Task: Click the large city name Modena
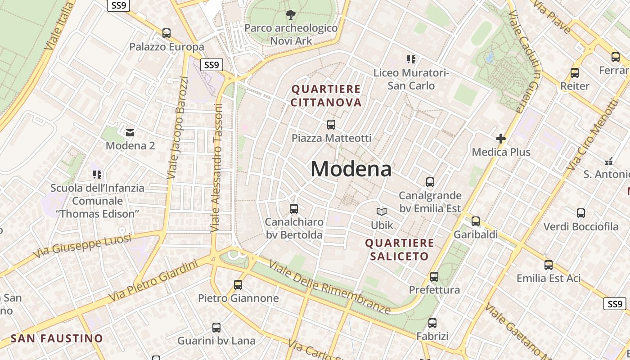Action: (351, 169)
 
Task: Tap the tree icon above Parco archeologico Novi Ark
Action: (291, 15)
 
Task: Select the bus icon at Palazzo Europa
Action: (166, 33)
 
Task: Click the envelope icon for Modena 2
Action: (130, 132)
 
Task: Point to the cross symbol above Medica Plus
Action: (501, 139)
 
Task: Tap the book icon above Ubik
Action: (382, 211)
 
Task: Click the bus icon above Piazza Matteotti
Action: (331, 125)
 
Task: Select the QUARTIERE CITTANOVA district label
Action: (326, 96)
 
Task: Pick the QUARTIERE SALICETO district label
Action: (400, 250)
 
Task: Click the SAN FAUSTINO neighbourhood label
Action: (57, 338)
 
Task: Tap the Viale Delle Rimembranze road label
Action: (329, 287)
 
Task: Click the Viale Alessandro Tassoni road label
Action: (217, 169)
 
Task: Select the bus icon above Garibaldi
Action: (476, 221)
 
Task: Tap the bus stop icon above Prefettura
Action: (434, 277)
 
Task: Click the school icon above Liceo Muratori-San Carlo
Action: (411, 59)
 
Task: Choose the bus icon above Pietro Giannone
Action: (238, 285)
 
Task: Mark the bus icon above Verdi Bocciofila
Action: (581, 213)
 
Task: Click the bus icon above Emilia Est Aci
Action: (548, 265)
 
